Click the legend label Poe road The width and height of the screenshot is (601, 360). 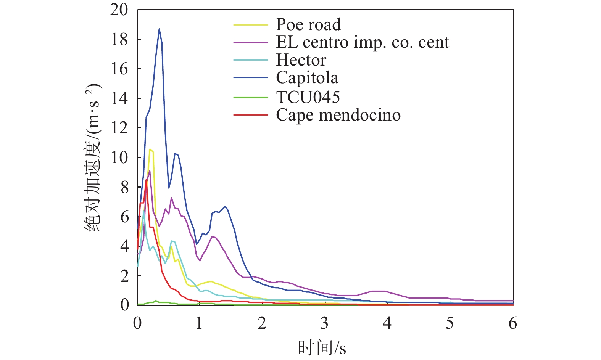coord(308,24)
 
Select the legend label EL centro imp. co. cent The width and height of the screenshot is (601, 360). coord(363,42)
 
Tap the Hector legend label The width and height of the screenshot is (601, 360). coord(301,60)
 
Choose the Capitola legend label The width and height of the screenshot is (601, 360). coord(307,78)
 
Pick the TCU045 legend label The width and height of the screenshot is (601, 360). coord(308,97)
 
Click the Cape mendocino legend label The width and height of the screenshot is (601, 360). coord(338,115)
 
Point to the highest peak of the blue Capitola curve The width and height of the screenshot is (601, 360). coord(159,29)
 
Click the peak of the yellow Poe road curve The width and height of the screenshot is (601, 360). coord(150,149)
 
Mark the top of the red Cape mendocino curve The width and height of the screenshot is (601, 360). coord(146,180)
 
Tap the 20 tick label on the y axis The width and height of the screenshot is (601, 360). coord(119,10)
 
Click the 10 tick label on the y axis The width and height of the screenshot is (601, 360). coord(119,157)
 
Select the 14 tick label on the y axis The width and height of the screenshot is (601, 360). coord(119,98)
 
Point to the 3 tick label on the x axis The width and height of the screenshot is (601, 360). coord(324,323)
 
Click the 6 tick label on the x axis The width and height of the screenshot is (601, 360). coord(512,323)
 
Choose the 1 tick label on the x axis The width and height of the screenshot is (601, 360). coord(199,323)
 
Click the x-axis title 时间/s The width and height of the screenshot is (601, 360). coord(322,348)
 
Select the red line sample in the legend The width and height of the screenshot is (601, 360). coord(251,115)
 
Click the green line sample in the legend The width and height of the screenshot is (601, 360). coord(251,97)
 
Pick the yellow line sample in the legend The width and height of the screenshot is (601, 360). coord(251,25)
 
